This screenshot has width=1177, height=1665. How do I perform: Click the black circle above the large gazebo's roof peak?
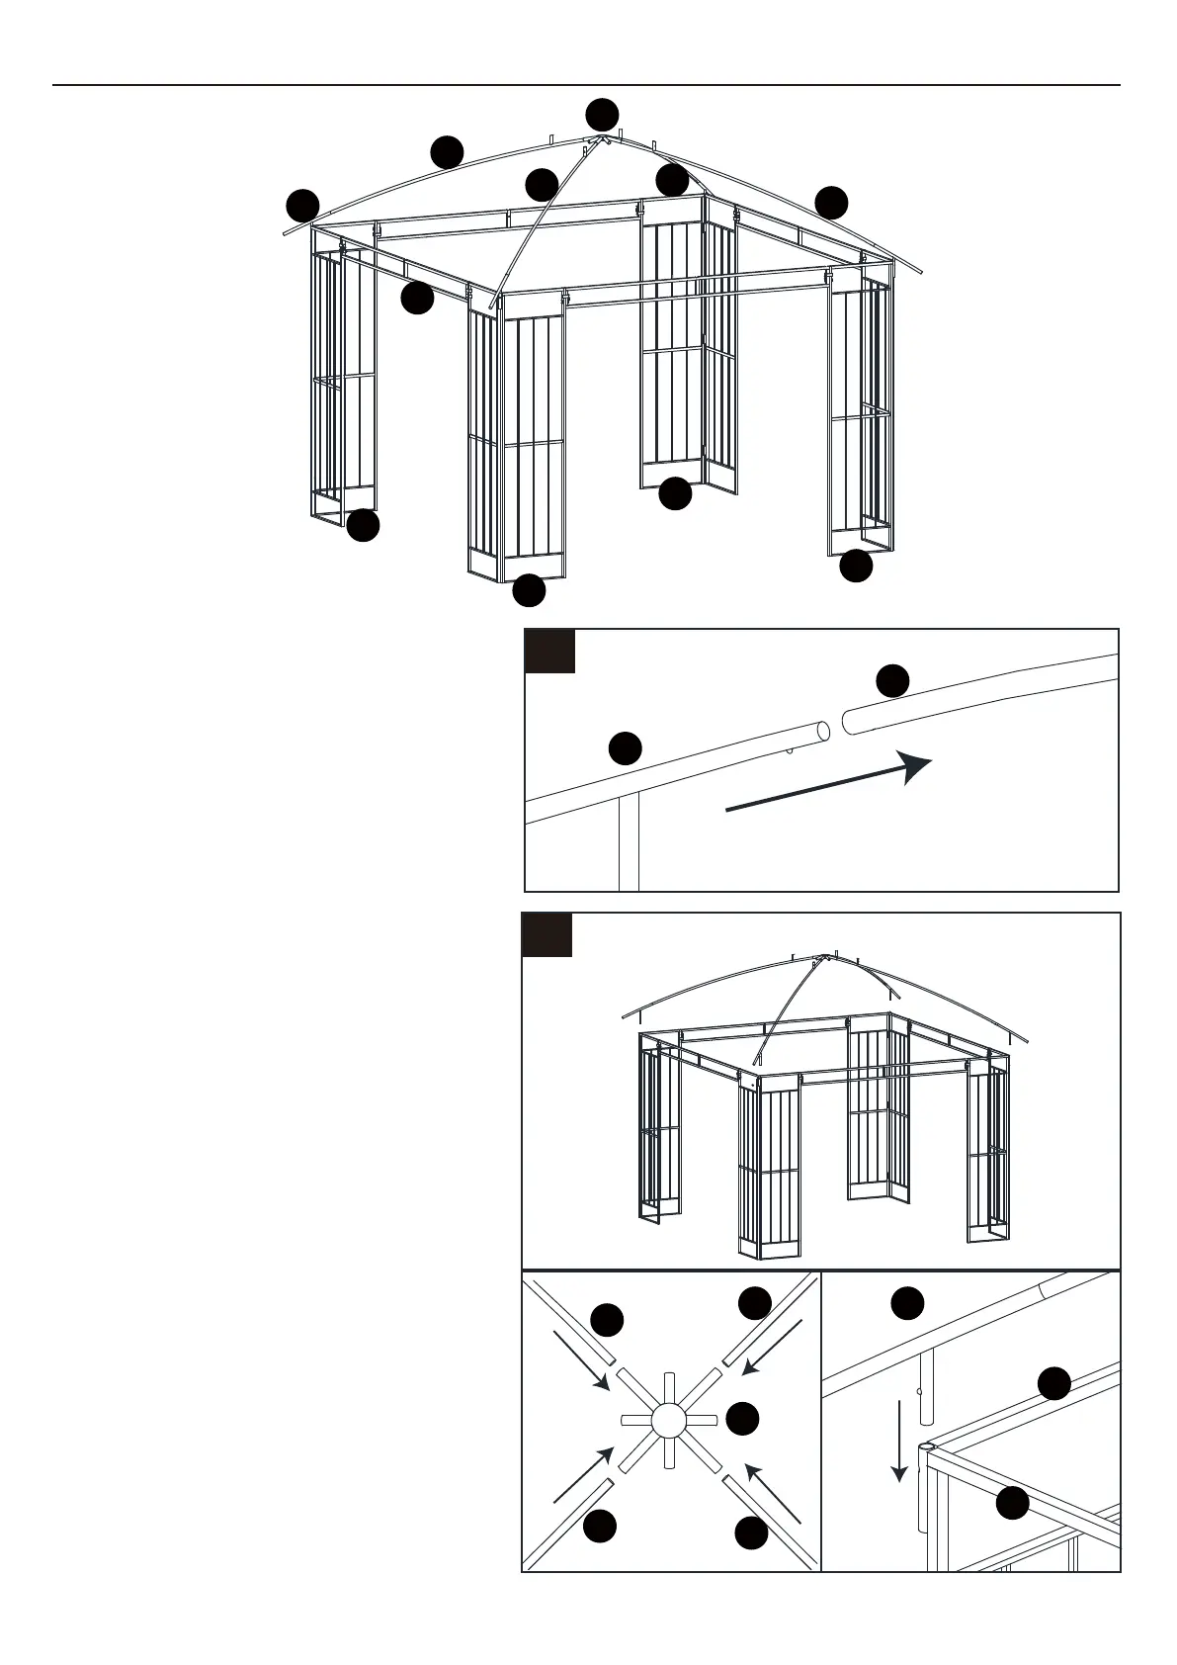click(x=601, y=115)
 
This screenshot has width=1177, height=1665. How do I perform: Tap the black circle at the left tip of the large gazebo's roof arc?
click(x=302, y=205)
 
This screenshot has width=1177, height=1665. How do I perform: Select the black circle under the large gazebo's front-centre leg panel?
click(x=529, y=590)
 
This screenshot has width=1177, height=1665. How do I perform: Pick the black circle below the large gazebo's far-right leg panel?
click(x=856, y=567)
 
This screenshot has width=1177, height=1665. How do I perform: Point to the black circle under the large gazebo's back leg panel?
click(x=675, y=493)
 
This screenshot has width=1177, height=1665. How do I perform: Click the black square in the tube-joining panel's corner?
click(x=549, y=652)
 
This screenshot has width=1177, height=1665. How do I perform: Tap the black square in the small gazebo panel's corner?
click(x=547, y=935)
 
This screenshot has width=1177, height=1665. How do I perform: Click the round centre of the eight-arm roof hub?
click(x=668, y=1421)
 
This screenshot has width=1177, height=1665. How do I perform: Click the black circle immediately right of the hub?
click(x=742, y=1418)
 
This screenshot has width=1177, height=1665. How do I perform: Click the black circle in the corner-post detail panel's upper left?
click(x=907, y=1302)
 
